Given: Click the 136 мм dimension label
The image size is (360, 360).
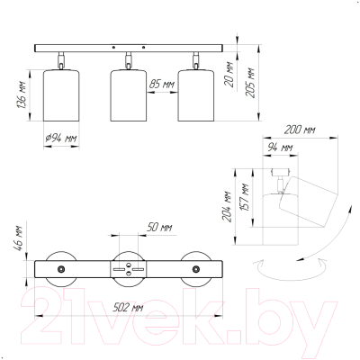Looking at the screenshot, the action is pyautogui.click(x=22, y=94).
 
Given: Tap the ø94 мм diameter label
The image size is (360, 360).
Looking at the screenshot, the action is pyautogui.click(x=61, y=139).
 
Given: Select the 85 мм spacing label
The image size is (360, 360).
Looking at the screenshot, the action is pyautogui.click(x=162, y=85).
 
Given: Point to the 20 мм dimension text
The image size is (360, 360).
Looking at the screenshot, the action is pyautogui.click(x=229, y=75).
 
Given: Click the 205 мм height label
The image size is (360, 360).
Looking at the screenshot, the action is pyautogui.click(x=250, y=83).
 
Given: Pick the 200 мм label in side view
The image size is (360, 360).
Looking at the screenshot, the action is pyautogui.click(x=300, y=130).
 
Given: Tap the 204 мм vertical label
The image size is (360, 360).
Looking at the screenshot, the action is pyautogui.click(x=227, y=206).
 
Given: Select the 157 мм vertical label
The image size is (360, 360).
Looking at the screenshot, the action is pyautogui.click(x=246, y=197).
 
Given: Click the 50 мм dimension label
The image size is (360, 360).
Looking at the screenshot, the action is pyautogui.click(x=159, y=228).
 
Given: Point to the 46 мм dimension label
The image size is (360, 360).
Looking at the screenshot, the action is pyautogui.click(x=19, y=238).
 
